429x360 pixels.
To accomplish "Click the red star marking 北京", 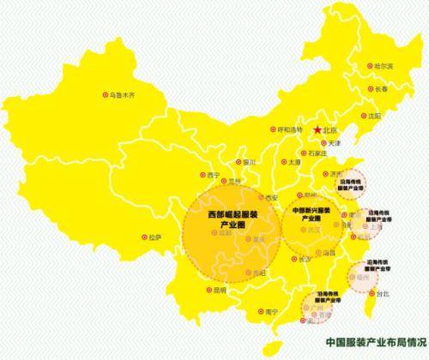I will (x=317, y=129).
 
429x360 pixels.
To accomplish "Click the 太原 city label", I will (x=294, y=161).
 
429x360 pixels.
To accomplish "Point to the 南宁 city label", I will (x=273, y=310).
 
